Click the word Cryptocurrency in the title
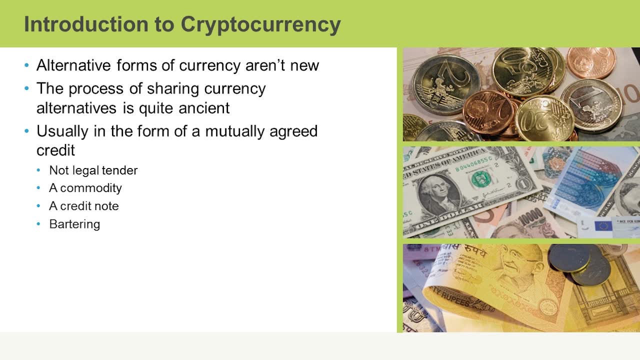point(260,24)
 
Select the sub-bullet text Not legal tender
point(93,170)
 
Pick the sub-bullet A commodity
point(85,188)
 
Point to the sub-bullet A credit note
point(83,206)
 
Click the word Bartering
point(74,224)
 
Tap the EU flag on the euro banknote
point(603,225)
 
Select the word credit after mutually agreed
point(55,150)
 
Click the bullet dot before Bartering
point(39,224)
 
